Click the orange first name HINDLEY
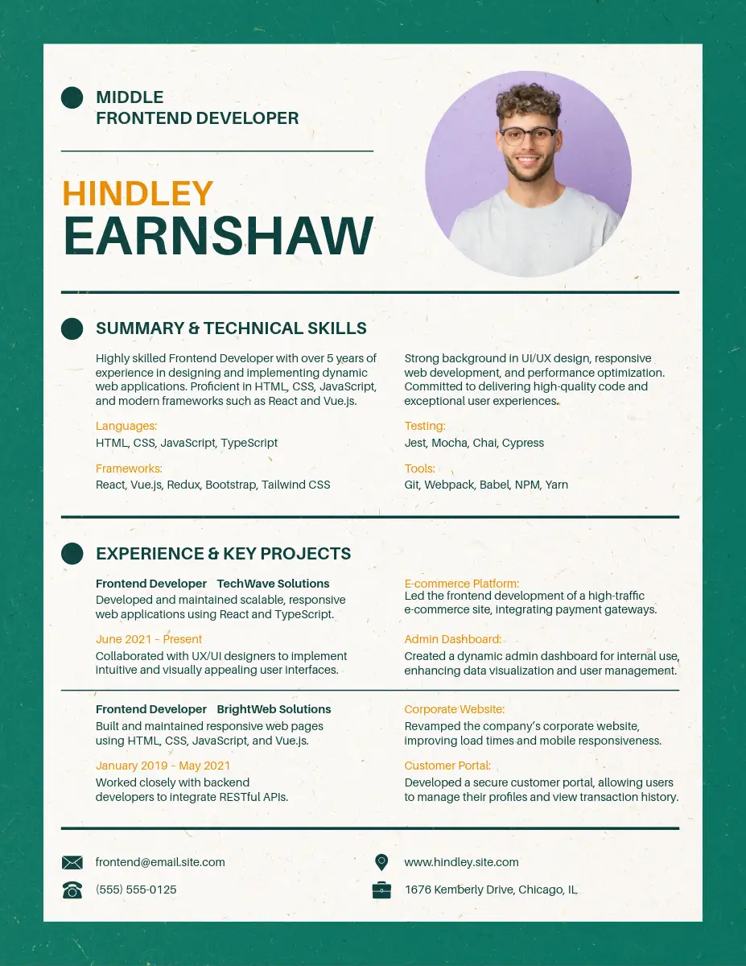tap(138, 194)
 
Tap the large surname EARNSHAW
tap(218, 237)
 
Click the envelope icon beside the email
tap(72, 863)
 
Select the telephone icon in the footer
tap(72, 890)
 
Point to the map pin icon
tap(381, 862)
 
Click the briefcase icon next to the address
tap(381, 890)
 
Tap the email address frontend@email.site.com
tap(160, 862)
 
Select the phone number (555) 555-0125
tap(136, 890)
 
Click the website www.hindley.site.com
tap(461, 862)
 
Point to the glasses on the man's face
tap(528, 135)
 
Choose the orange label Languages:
tap(126, 426)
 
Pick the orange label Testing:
tap(424, 426)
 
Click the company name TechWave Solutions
tap(273, 584)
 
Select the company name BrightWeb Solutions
tap(274, 709)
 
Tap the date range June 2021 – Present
tap(149, 639)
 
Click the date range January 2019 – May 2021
tap(163, 766)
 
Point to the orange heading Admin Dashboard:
tap(452, 639)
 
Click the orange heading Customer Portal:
tap(447, 766)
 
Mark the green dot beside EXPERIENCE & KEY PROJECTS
tap(72, 553)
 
